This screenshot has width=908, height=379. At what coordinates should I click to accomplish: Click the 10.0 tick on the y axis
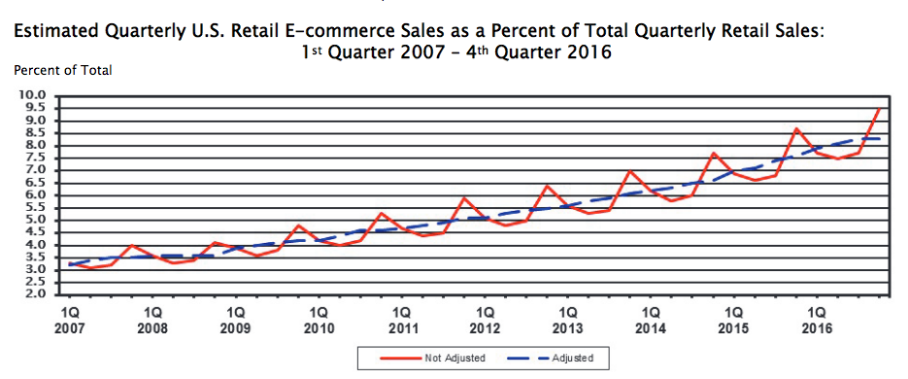pyautogui.click(x=32, y=96)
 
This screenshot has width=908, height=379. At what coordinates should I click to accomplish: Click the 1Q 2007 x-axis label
pyautogui.click(x=70, y=321)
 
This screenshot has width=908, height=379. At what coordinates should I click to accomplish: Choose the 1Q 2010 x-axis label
pyautogui.click(x=319, y=321)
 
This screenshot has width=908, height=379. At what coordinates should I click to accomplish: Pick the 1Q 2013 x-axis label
pyautogui.click(x=568, y=321)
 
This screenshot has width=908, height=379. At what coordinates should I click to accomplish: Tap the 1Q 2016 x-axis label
pyautogui.click(x=818, y=321)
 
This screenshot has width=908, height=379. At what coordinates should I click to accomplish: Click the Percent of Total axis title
pyautogui.click(x=62, y=70)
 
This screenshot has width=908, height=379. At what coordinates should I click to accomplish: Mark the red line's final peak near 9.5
pyautogui.click(x=880, y=108)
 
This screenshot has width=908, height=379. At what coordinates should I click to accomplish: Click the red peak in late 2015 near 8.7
pyautogui.click(x=796, y=129)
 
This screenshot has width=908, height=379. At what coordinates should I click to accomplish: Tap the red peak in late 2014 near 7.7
pyautogui.click(x=714, y=154)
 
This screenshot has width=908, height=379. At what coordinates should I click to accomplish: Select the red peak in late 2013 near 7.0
pyautogui.click(x=630, y=171)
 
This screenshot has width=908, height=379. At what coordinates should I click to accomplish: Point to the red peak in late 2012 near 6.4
pyautogui.click(x=548, y=186)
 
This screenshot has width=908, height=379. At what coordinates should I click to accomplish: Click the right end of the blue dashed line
pyautogui.click(x=880, y=139)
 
